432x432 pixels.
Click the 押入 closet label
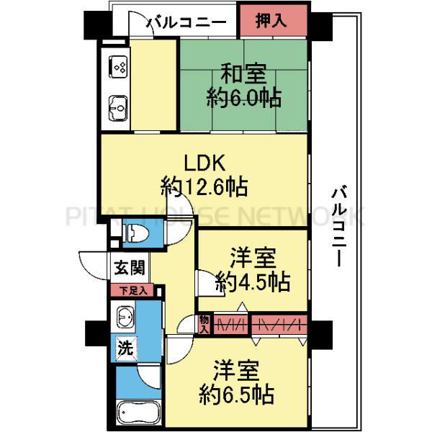271,22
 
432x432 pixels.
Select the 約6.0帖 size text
243,97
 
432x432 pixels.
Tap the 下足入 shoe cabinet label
132,291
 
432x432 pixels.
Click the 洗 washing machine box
125,350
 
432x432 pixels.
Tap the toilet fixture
136,233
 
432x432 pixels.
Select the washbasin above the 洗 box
125,318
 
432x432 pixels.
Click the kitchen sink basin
117,109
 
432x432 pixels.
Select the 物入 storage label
204,323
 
